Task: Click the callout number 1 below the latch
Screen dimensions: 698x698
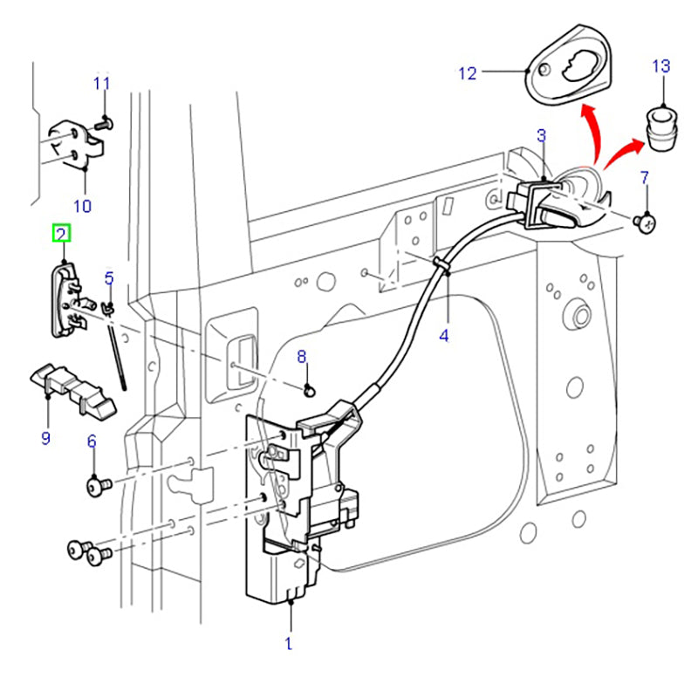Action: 288,645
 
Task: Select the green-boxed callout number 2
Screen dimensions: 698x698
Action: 62,233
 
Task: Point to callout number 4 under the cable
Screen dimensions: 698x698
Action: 444,334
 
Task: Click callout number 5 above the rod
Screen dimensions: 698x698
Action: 109,278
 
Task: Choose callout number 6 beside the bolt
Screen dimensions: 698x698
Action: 91,442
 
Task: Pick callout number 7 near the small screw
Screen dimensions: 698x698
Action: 645,179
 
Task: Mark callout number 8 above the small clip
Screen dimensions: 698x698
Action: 302,356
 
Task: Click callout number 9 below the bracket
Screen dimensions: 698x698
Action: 45,437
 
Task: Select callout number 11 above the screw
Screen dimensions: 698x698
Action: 102,84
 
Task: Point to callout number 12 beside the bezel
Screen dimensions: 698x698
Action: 468,73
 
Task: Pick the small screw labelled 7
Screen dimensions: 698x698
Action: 645,224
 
